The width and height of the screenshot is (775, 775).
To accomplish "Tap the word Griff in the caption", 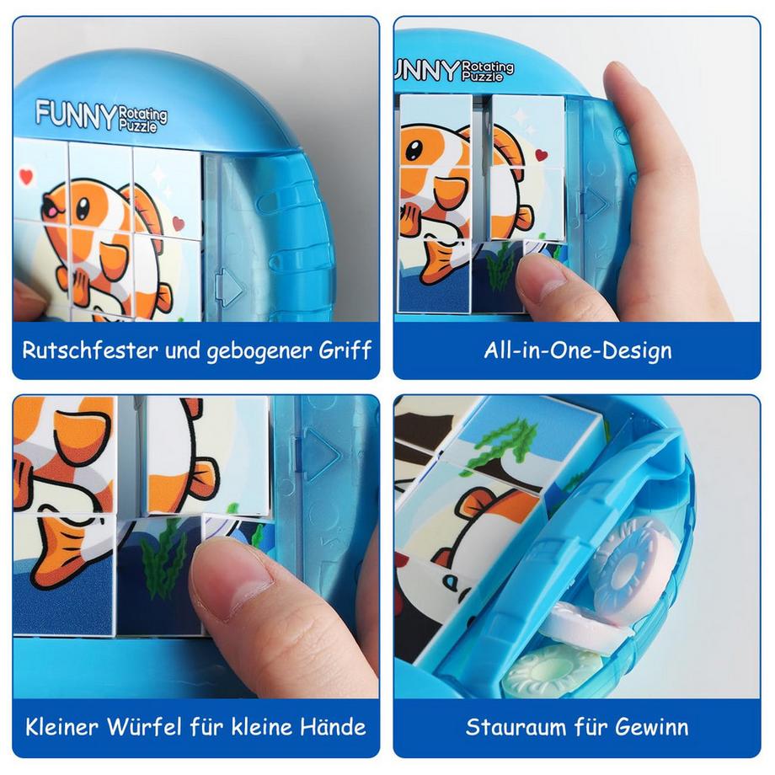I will pyautogui.click(x=345, y=350).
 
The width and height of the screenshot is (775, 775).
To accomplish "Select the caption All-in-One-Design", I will pyautogui.click(x=577, y=350).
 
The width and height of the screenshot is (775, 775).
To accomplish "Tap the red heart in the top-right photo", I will pyautogui.click(x=540, y=155).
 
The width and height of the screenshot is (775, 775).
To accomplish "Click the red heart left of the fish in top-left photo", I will pyautogui.click(x=26, y=177).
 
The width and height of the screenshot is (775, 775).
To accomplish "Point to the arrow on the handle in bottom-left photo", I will pyautogui.click(x=319, y=453).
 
